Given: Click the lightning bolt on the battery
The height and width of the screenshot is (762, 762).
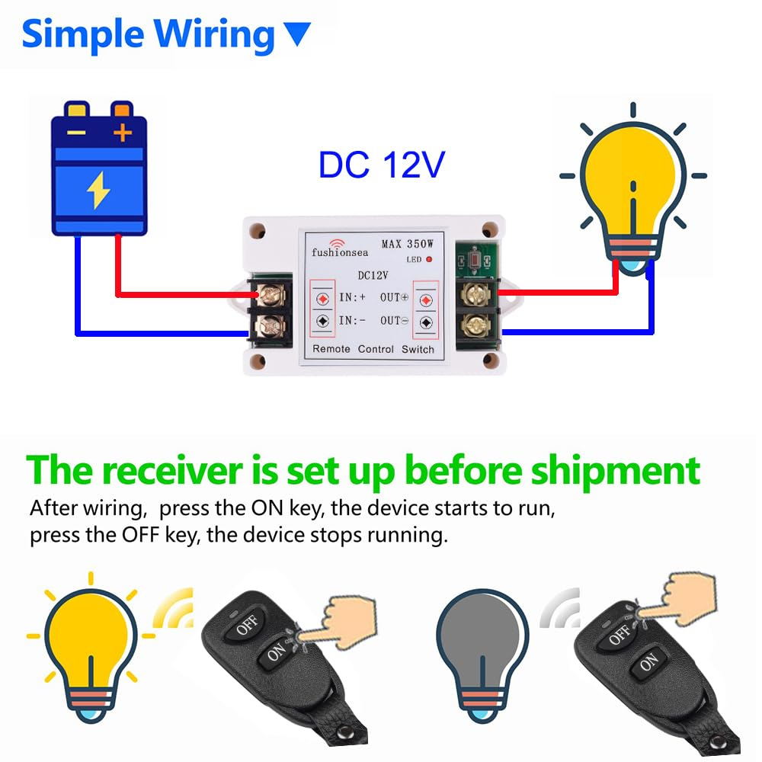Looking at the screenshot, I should pos(98,190).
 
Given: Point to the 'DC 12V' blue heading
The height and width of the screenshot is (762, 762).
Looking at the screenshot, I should pos(380,165).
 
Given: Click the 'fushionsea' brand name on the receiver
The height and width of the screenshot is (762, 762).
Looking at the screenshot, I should pos(339,251).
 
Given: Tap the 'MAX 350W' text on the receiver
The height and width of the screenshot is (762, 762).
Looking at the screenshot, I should pos(408,245).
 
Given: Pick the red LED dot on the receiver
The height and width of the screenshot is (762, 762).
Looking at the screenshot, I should pos(429,260).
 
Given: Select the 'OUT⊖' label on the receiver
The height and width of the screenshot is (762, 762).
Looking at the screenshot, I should pos(395,321).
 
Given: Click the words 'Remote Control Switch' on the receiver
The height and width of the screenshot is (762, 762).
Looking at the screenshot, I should pos(373,349).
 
